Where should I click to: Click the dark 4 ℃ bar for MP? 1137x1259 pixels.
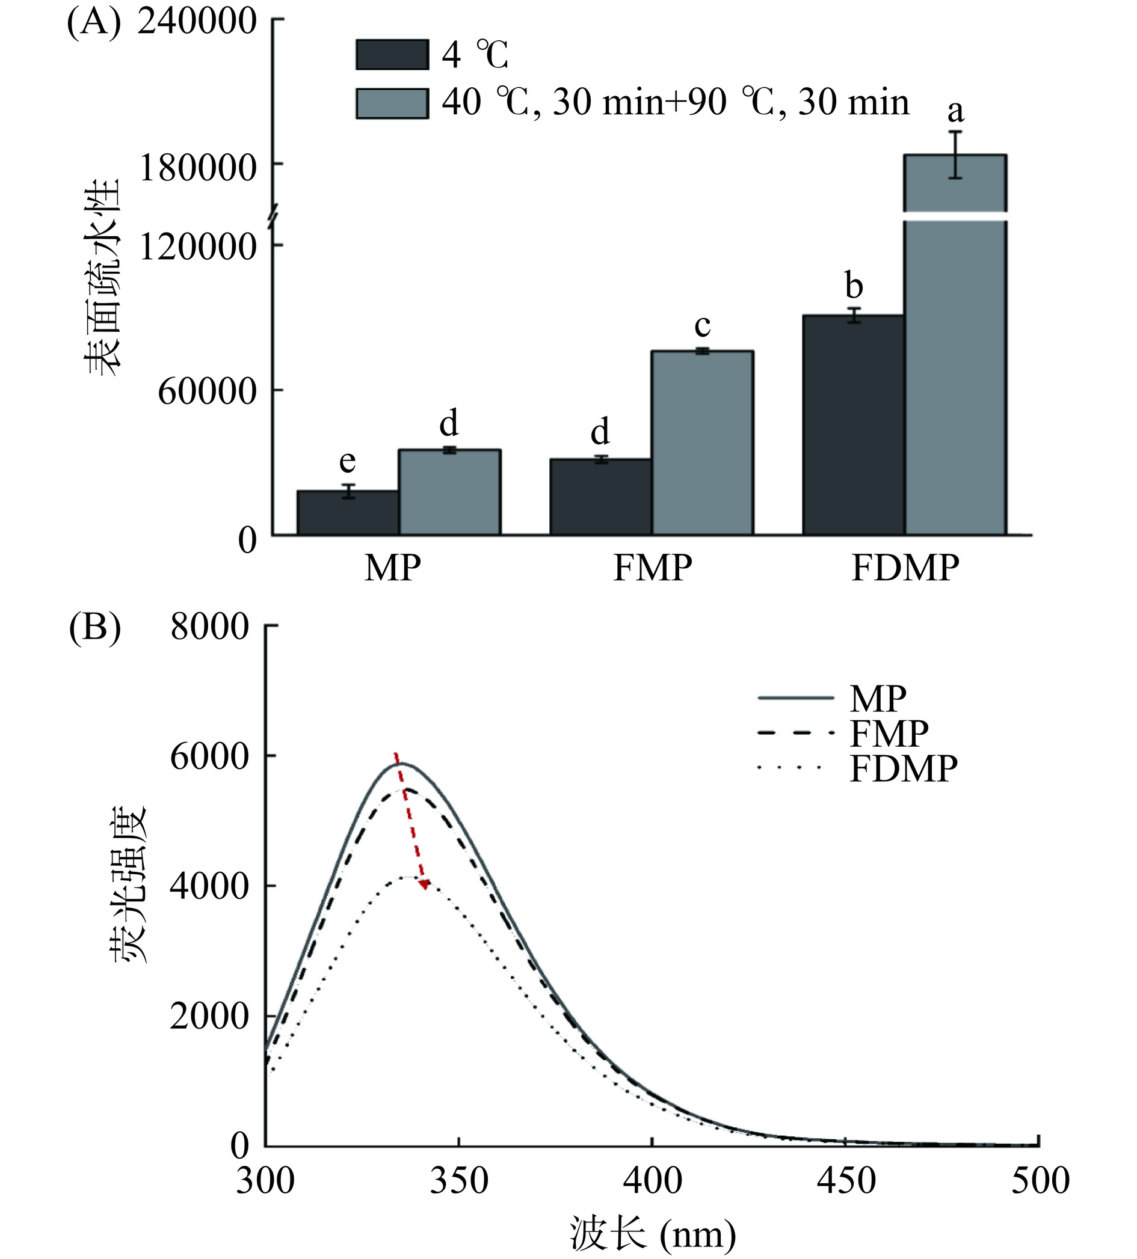pos(348,513)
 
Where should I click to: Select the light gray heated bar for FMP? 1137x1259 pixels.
pos(702,443)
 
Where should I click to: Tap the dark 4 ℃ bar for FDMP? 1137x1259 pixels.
pos(854,425)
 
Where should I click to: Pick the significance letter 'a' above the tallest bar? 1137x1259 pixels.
pos(955,112)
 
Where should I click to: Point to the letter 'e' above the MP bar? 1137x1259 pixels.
pos(347,462)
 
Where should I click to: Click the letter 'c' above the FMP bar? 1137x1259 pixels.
pos(702,325)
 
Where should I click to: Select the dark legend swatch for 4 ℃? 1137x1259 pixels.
pos(392,55)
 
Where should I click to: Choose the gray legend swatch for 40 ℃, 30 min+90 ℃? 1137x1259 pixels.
pos(392,103)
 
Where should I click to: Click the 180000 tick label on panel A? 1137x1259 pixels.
pos(198,167)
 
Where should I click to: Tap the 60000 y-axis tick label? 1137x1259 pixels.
pos(208,391)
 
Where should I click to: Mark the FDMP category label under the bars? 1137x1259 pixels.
pos(905,568)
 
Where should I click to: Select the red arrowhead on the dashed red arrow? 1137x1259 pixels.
pos(425,884)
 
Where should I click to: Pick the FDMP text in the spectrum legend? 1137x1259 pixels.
pos(904,769)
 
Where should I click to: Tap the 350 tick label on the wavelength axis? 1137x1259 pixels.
pos(459,1181)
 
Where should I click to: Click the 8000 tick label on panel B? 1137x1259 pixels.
pos(210,626)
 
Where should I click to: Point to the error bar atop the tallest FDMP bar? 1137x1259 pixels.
pos(955,155)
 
